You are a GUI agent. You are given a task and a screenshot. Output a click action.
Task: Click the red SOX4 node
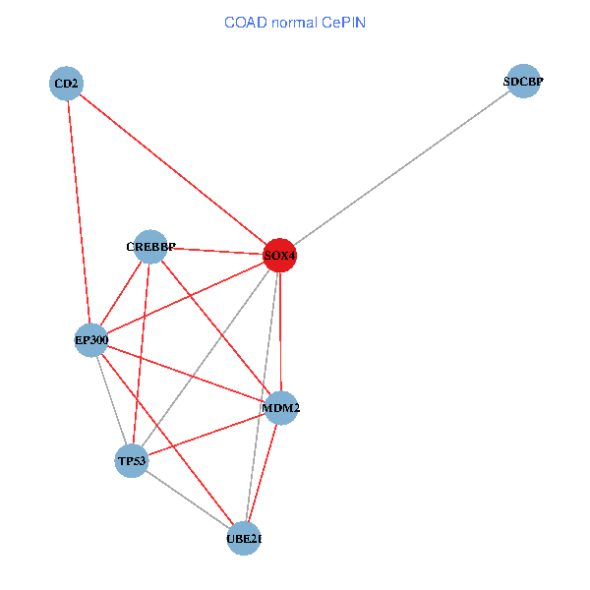point(279,256)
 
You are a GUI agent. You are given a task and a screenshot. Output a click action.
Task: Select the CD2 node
point(66,84)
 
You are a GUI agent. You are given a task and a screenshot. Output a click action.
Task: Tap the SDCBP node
point(523,83)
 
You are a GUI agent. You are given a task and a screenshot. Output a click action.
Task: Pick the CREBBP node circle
point(150,247)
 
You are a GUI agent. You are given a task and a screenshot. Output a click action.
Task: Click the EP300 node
point(91,340)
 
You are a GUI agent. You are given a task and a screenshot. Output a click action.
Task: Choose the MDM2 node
point(281,408)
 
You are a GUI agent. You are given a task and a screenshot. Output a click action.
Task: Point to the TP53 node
point(132,460)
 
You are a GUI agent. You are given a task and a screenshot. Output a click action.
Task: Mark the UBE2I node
point(244,538)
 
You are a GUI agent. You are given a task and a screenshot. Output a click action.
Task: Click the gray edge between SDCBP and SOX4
point(401,169)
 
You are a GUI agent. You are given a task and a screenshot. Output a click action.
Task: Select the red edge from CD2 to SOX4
point(172,169)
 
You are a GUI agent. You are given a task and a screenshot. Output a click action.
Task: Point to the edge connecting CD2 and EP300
point(79,211)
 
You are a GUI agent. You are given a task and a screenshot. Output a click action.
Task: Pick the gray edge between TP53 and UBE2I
point(188,500)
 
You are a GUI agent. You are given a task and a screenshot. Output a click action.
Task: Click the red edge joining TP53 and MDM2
point(206,434)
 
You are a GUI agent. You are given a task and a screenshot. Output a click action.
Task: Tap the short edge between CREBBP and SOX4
point(214,251)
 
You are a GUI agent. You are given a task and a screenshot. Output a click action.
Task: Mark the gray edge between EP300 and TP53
point(111,400)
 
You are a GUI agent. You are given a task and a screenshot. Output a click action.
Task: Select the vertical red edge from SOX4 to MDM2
point(280,331)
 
